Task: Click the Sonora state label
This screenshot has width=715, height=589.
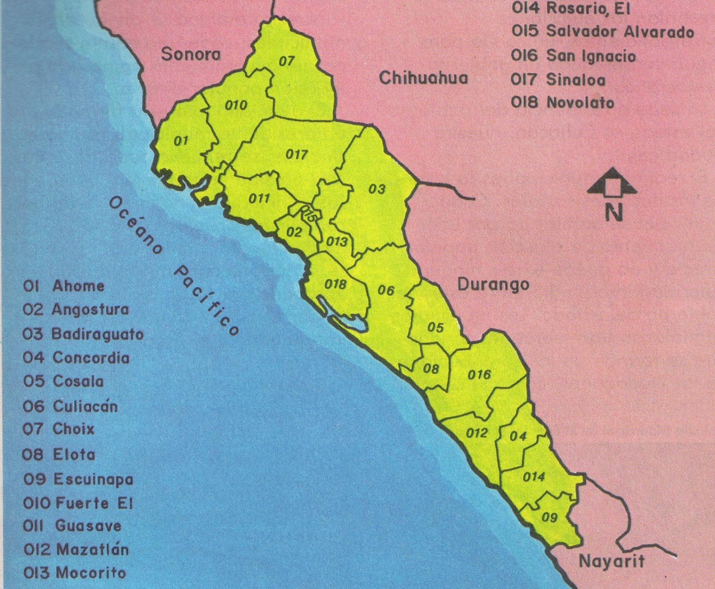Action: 191,54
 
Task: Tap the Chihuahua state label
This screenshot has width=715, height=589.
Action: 423,78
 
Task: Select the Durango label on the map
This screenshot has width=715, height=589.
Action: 493,284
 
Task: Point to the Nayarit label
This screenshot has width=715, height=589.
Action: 611,561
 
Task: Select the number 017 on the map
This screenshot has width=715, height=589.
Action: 296,155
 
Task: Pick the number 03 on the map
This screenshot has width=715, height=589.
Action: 377,189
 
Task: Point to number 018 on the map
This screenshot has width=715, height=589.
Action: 335,284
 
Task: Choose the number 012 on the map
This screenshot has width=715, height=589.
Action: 476,433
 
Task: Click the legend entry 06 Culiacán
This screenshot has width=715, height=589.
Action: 70,406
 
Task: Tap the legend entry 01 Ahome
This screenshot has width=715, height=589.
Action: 63,286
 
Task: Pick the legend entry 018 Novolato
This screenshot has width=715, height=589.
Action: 563,103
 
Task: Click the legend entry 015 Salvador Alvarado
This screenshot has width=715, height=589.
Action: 602,32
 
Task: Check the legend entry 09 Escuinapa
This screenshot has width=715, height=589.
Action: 78,479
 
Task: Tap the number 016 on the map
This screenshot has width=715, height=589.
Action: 479,374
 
